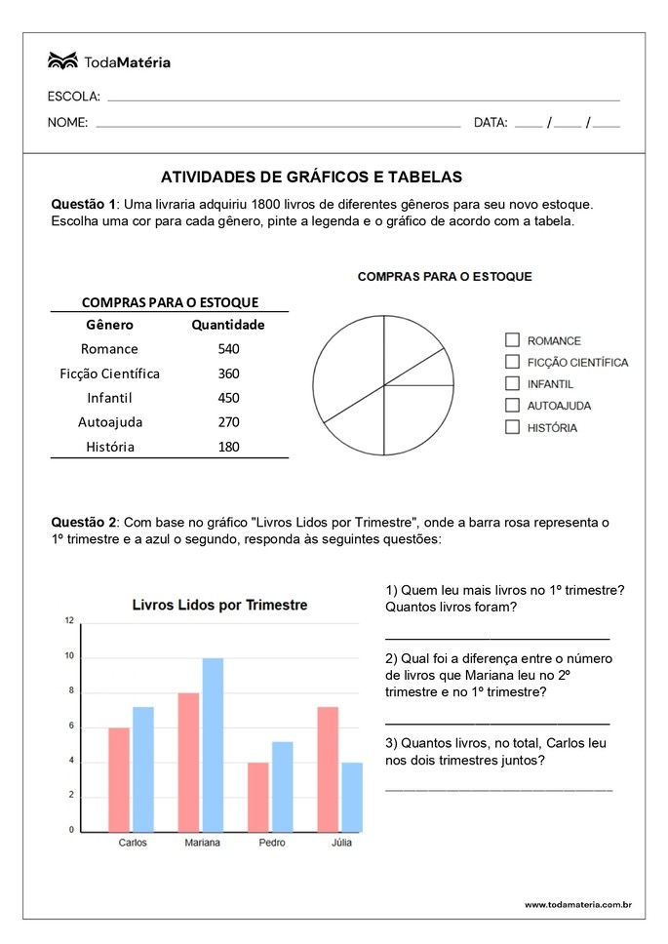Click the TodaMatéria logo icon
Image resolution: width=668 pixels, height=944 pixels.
pos(62,61)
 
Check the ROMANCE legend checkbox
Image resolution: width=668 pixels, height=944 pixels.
pos(512,340)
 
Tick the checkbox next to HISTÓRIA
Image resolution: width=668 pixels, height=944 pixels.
pos(512,427)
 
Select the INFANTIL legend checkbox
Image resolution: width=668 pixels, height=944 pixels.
pos(512,383)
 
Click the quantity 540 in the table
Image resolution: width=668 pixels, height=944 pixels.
pos(228,349)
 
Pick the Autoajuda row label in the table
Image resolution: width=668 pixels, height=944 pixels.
pos(109,422)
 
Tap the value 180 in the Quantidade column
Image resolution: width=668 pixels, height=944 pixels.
pos(228,447)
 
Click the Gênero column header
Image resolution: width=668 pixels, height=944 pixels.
pos(109,325)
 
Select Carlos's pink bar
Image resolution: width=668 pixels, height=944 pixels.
pos(119,779)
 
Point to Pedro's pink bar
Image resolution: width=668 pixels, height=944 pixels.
pos(258,796)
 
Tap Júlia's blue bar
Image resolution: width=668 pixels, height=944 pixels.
pos(352,796)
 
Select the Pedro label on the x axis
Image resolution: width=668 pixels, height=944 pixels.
pos(272,843)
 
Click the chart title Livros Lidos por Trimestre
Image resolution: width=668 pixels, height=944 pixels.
pos(219,606)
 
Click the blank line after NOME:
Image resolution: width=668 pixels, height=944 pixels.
pos(278,126)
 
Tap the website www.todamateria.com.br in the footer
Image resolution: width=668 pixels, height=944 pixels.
pos(577,905)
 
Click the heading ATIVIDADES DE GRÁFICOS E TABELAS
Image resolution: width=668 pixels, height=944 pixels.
pos(310,177)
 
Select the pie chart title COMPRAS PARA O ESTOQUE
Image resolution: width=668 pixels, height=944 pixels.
pos(445,277)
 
